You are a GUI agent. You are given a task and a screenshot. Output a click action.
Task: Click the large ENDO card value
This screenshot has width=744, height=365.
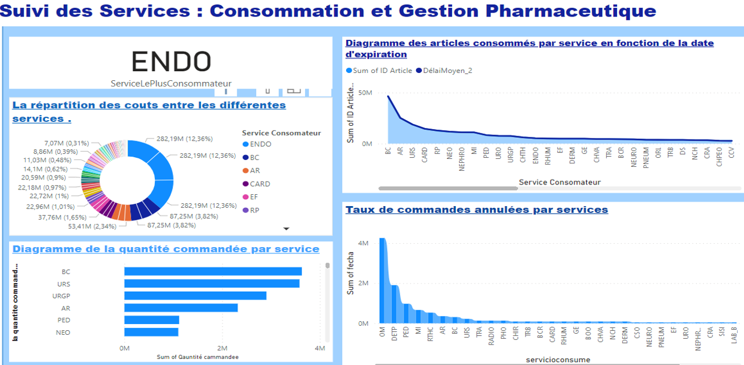point(171,61)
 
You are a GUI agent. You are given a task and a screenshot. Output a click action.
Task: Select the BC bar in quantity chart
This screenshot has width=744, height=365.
point(213,272)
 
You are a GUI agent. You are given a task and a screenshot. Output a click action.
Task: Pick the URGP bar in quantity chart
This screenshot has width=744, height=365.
point(195,296)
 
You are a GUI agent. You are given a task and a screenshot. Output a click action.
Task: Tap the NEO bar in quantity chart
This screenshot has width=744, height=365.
point(151,332)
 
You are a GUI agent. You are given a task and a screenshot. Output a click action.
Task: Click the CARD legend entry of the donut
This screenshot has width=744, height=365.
point(260,184)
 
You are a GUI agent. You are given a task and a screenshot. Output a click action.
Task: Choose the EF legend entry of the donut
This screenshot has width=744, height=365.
point(254,197)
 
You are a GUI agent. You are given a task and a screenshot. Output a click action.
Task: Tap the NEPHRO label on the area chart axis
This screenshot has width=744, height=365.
point(462,161)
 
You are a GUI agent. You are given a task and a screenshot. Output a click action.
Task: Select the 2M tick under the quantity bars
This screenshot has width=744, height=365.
point(222,348)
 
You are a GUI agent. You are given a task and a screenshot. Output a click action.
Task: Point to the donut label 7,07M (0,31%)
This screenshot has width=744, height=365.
point(67,143)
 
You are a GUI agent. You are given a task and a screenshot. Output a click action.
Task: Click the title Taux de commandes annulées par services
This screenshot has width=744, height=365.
point(476,210)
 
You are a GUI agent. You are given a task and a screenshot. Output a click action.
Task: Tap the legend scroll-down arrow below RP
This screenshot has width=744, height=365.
point(286,228)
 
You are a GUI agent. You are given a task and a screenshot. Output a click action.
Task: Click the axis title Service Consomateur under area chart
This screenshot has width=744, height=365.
point(560,182)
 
